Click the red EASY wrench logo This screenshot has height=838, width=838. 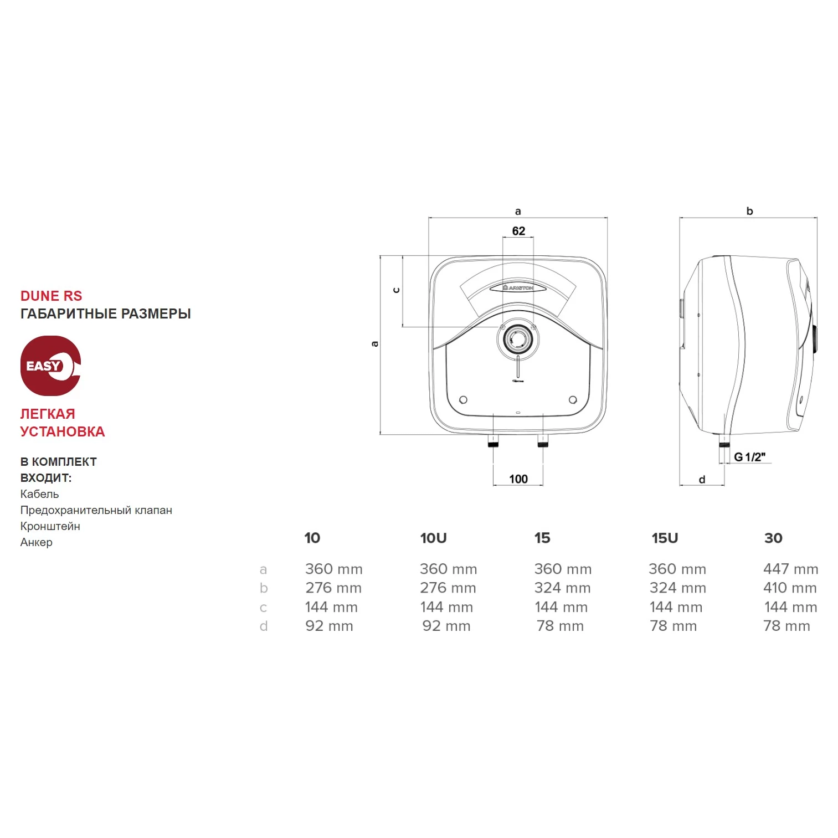coord(50,366)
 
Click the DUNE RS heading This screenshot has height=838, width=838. coord(51,296)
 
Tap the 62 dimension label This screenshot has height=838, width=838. coord(518,231)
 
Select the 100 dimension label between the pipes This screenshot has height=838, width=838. coord(518,479)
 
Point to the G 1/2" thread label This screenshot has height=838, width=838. coord(749,457)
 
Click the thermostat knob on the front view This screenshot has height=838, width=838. coord(518,339)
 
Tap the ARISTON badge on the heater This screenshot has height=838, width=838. coord(518,288)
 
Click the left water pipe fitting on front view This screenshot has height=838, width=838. coord(493,441)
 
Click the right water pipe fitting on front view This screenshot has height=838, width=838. coord(543,441)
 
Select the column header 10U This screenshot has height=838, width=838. coord(433,538)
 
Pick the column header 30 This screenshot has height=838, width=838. coord(773,538)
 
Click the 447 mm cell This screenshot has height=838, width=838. coord(790,569)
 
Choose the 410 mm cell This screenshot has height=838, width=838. coord(790,588)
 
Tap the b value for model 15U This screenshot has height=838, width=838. coord(677,588)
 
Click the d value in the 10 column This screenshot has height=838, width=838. coord(329,626)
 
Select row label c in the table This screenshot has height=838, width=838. coord(264,608)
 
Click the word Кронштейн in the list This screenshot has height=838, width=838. coord(50,526)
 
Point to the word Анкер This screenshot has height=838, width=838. coord(37,542)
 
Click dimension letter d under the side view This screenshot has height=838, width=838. coord(702,480)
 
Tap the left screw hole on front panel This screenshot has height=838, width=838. coord(464,400)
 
